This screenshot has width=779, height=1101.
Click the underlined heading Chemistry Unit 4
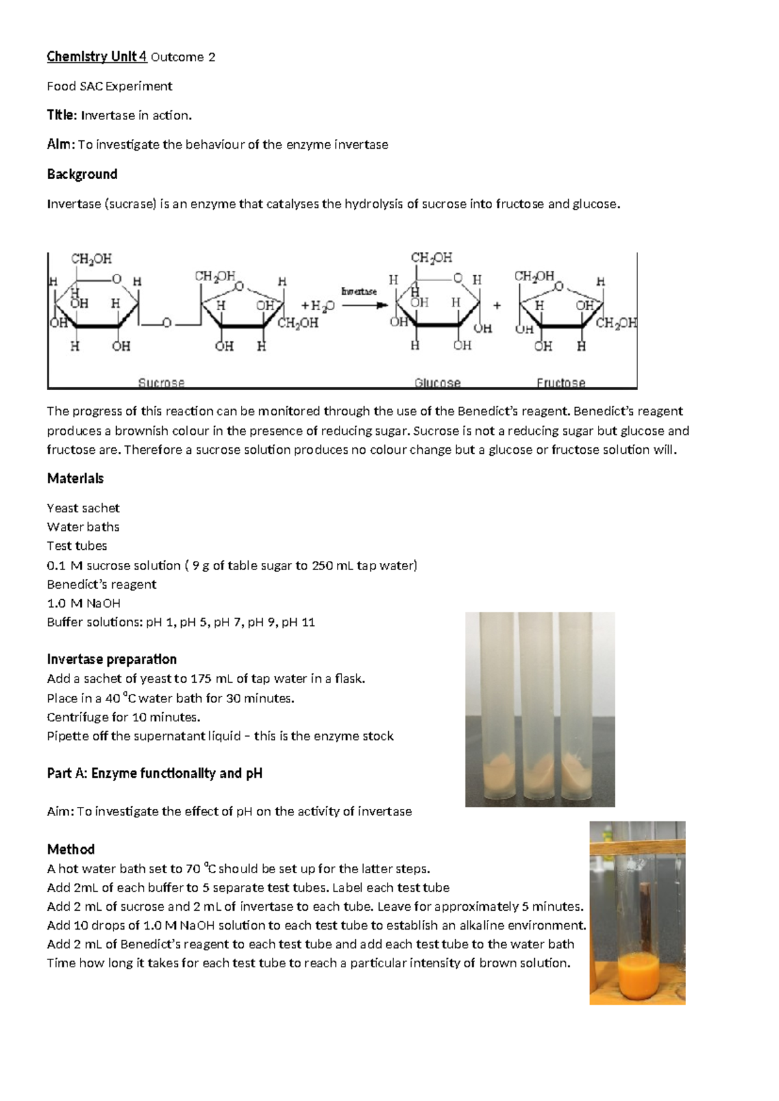97,57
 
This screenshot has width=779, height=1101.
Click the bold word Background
82,175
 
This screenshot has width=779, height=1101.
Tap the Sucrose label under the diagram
161,382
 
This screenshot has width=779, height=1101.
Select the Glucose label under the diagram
438,382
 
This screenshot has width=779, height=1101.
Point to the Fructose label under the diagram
561,382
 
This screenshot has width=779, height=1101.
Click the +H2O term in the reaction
317,306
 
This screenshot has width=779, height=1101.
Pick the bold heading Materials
75,478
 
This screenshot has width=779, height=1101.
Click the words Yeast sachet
83,508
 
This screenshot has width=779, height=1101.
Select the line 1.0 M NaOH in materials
84,603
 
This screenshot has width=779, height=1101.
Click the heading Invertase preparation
112,659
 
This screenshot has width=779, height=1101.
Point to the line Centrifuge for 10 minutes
123,717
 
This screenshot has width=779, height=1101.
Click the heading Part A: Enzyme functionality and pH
155,774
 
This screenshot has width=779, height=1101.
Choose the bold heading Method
71,849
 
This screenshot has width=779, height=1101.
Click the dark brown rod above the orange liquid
645,916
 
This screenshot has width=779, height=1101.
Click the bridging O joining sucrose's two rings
166,323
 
